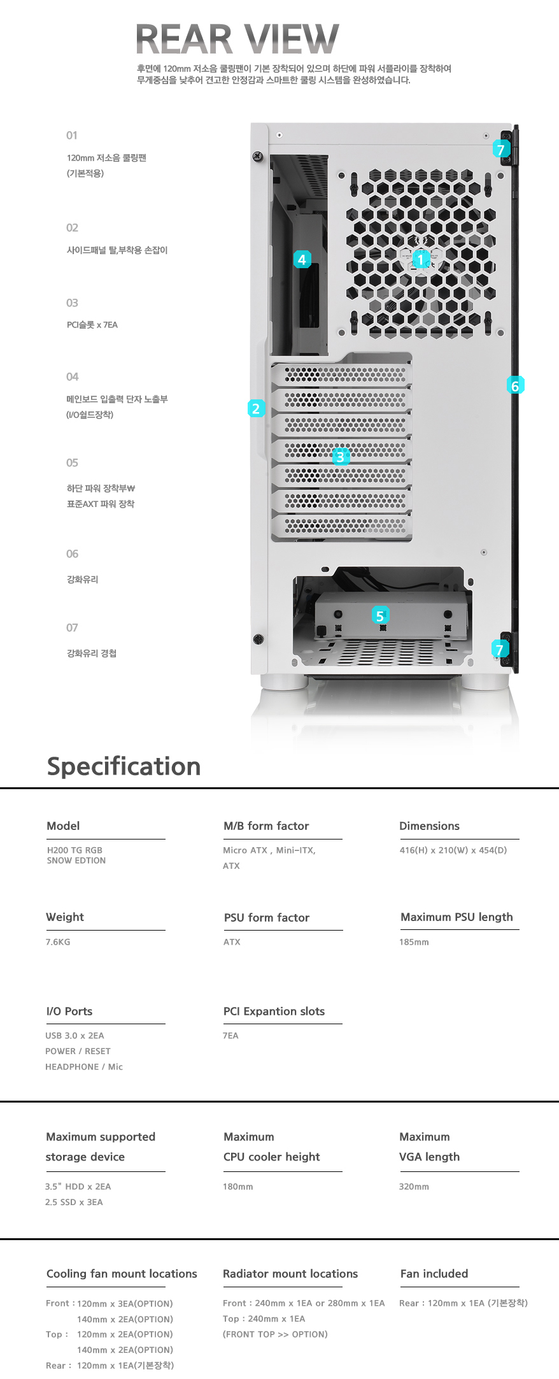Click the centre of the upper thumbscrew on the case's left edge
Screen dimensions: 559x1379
(x=258, y=156)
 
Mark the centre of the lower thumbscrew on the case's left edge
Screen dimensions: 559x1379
(x=258, y=639)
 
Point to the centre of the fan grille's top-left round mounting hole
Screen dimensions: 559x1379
(x=342, y=175)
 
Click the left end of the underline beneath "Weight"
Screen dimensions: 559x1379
(x=46, y=930)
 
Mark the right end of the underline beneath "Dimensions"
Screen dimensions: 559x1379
(x=520, y=839)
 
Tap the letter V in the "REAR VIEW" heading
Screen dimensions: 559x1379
(x=263, y=39)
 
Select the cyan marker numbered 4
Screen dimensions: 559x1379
(x=302, y=259)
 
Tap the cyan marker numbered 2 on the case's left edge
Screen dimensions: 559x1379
(x=256, y=408)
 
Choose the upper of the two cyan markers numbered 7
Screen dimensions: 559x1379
(x=501, y=149)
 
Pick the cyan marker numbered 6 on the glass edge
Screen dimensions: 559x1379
(x=515, y=385)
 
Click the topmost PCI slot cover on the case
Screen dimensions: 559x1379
(x=341, y=375)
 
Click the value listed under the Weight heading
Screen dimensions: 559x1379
(x=58, y=942)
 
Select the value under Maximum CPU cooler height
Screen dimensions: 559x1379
(x=237, y=1187)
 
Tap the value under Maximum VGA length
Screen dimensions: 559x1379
(x=414, y=1187)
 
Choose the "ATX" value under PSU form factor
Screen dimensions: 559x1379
(x=232, y=942)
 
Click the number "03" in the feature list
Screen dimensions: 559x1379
(x=72, y=303)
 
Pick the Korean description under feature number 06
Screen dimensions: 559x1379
(x=83, y=580)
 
